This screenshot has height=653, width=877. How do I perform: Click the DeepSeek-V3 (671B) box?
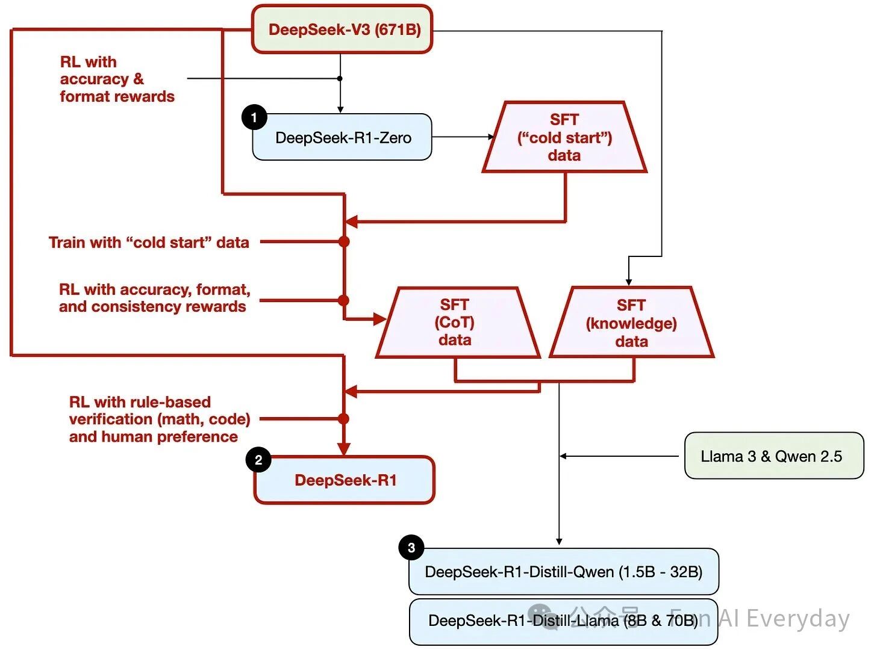point(342,29)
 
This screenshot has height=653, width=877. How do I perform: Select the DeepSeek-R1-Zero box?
point(342,138)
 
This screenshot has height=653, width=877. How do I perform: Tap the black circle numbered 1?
point(254,117)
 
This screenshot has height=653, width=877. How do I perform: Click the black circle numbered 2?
point(258,460)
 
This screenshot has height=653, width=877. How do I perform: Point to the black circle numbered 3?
point(411,548)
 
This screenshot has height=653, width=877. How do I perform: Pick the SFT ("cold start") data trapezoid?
point(564,138)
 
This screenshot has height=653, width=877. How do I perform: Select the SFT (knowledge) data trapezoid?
point(631,323)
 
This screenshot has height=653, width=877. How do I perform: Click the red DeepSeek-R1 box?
point(345,480)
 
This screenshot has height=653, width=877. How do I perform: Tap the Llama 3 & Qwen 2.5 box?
point(774,456)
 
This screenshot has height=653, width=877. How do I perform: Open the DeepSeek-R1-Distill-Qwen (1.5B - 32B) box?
point(564,572)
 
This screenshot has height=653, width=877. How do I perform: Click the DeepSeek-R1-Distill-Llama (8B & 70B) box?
point(564,621)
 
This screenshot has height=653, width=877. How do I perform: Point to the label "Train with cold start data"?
point(149,243)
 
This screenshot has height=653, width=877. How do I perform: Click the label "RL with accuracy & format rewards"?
point(117,79)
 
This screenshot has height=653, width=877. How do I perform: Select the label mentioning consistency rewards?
point(154,298)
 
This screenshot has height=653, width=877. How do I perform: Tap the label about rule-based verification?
point(159,419)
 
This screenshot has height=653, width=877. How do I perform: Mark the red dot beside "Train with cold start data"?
point(344,242)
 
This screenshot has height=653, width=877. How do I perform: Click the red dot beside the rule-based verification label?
point(344,419)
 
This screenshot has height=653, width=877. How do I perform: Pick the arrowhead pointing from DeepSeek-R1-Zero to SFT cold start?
point(491,137)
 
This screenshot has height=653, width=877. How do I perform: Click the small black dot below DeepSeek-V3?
point(340,78)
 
